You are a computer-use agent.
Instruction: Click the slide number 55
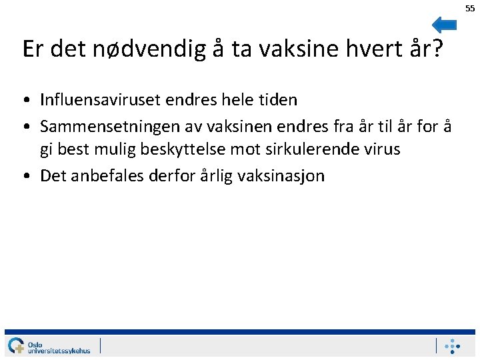coord(470,8)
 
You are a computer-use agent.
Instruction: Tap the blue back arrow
coord(444,25)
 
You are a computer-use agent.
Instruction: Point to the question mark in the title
coord(437,49)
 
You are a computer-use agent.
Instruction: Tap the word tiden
coord(276,100)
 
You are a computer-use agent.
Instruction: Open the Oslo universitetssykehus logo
coord(48,345)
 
